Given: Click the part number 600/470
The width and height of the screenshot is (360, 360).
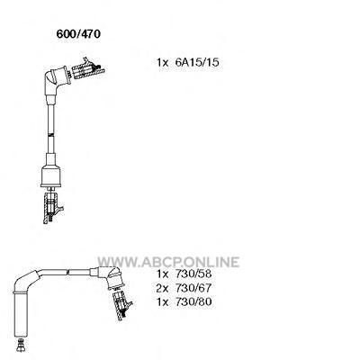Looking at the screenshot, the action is pos(78,34).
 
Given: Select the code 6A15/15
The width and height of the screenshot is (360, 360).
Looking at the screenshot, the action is pos(197,62).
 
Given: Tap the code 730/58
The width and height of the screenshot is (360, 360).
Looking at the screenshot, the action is pos(193,274).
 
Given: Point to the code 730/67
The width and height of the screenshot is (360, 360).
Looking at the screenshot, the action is pos(193,288).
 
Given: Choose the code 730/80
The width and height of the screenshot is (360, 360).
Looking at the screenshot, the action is pos(193,301).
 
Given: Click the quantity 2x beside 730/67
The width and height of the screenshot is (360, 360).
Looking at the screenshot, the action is pos(163,288).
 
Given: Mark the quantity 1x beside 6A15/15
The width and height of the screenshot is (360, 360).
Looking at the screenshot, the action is pos(163,62).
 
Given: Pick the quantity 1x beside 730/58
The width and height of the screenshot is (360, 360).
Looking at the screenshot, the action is pos(163,274).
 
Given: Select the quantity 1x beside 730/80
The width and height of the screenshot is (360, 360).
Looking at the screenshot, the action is pos(163,301).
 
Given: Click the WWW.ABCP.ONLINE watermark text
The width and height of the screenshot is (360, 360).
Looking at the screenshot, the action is pos(168,262).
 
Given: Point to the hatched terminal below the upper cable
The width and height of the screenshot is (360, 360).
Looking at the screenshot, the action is pos(52,208).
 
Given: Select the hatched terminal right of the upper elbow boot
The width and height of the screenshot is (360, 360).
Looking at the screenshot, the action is pos(88,69).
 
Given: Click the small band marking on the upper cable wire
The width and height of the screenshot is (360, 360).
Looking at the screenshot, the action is pos(51,135).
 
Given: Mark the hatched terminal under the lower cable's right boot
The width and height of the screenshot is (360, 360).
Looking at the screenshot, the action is pos(121,305).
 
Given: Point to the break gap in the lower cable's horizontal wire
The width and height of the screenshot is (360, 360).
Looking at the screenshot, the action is pos(67,273).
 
